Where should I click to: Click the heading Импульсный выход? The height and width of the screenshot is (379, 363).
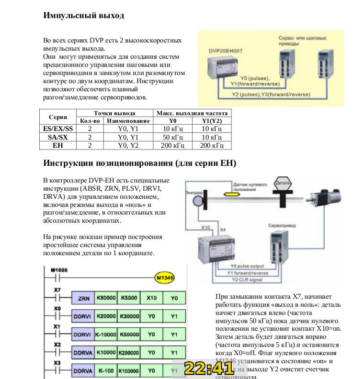[84, 15]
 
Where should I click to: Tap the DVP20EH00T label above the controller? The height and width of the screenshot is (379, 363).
[226, 50]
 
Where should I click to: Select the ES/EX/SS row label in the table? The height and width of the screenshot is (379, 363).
[57, 129]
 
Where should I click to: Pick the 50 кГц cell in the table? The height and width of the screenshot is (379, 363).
[170, 137]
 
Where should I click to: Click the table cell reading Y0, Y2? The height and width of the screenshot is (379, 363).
[128, 145]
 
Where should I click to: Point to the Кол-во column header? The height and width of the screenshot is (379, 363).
[90, 121]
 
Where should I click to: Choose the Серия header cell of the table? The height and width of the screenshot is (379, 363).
[57, 117]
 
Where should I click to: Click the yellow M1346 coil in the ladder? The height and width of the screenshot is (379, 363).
[165, 277]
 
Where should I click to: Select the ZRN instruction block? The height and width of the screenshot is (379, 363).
[82, 298]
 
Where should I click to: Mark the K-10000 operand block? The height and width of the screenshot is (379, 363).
[106, 334]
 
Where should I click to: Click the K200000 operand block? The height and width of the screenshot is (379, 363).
[128, 352]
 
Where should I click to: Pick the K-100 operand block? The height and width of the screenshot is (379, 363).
[106, 370]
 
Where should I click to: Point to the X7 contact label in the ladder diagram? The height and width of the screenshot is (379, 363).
[57, 290]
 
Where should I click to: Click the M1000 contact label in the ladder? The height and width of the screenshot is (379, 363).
[59, 270]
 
